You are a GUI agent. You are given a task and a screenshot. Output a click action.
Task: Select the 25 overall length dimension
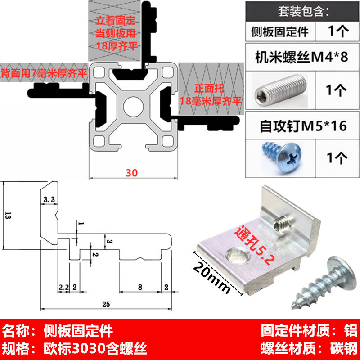tap(106, 305)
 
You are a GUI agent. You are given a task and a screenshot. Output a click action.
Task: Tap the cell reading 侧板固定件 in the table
tap(279, 32)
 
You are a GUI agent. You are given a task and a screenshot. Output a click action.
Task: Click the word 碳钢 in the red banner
tap(344, 348)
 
